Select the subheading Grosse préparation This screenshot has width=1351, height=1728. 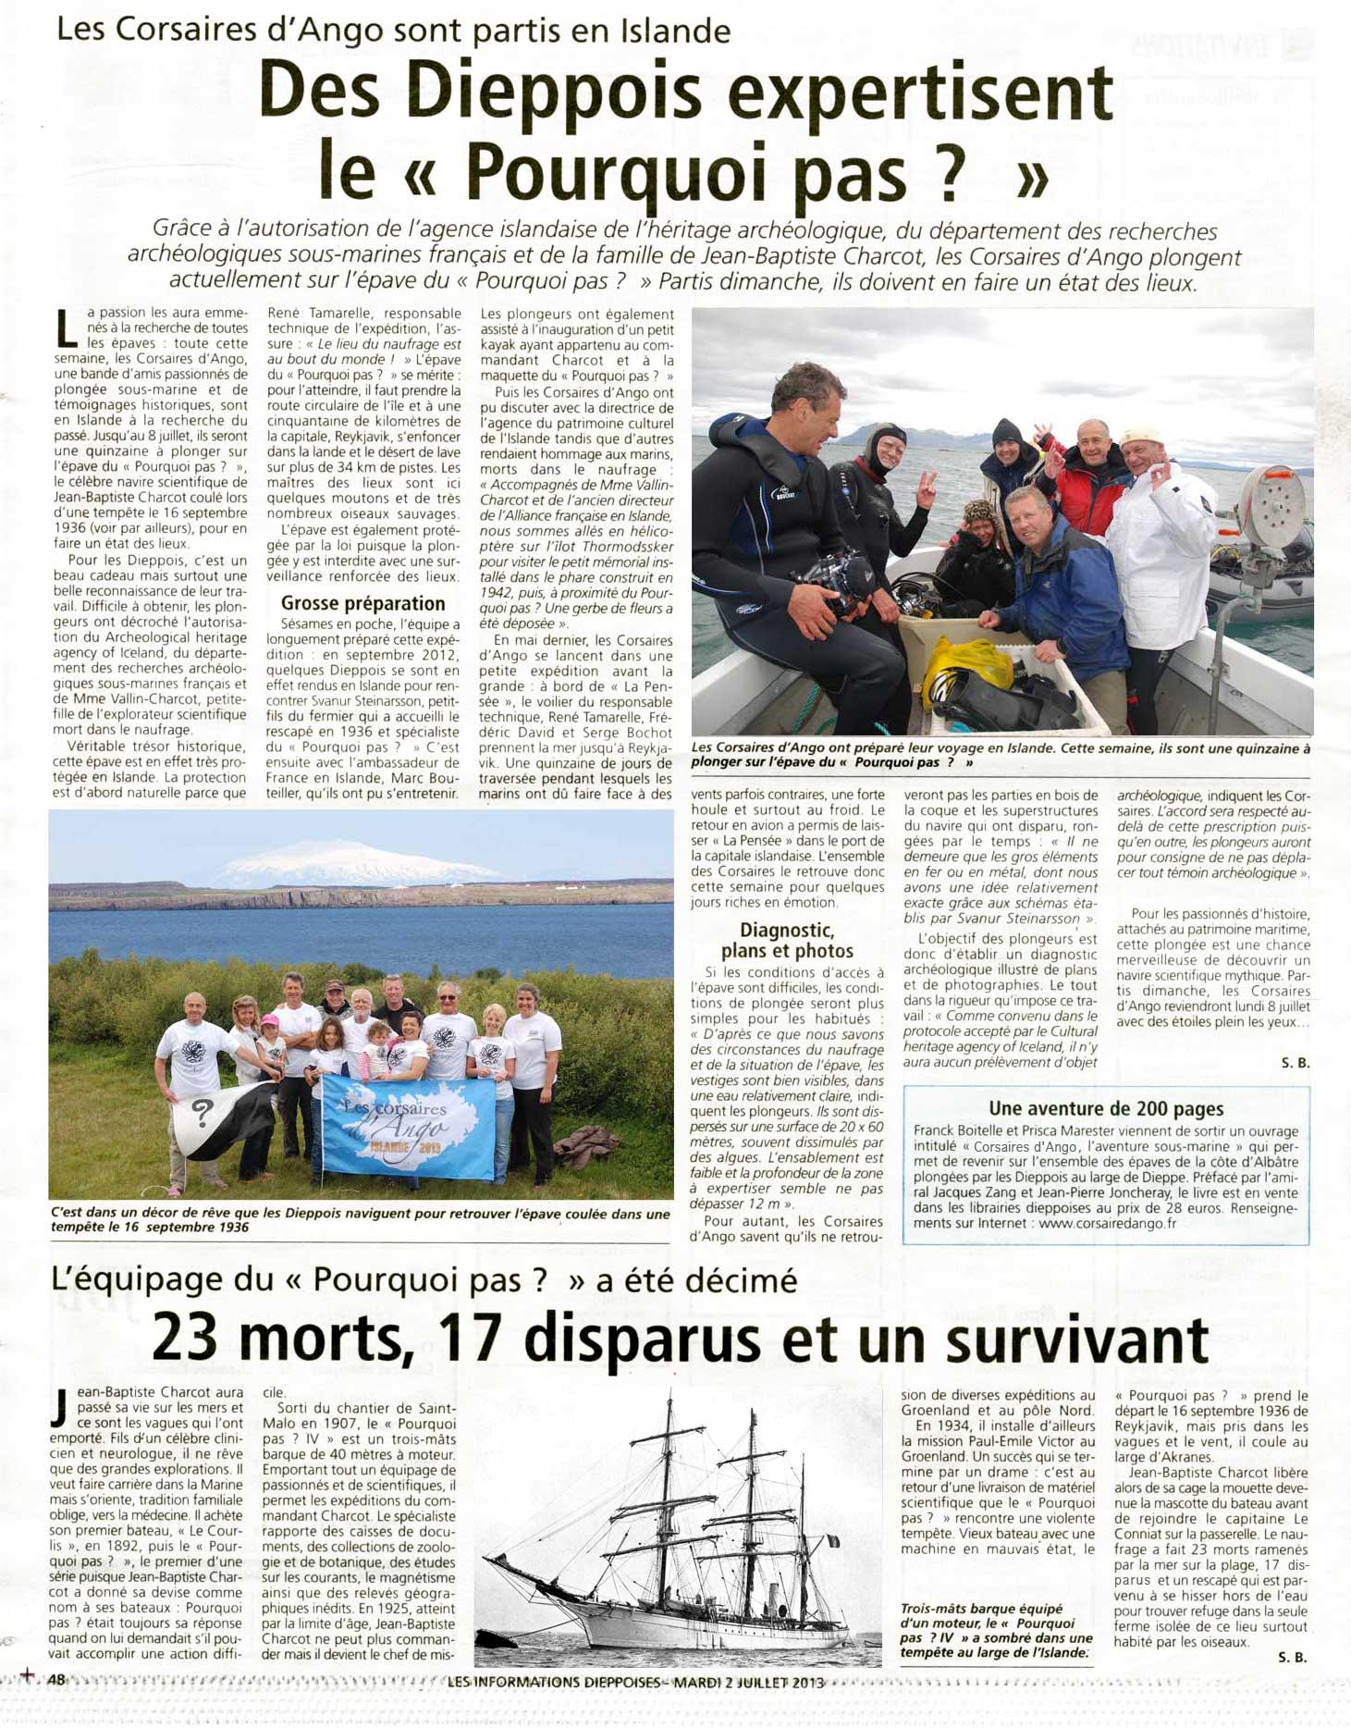click(363, 603)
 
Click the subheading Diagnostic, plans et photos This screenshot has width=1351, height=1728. click(787, 940)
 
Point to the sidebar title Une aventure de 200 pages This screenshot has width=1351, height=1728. click(1106, 1108)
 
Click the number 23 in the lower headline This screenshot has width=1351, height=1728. click(185, 1339)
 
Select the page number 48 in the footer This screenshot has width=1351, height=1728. click(55, 1679)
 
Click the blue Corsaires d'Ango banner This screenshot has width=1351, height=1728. click(408, 1128)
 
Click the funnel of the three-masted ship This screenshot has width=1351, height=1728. click(773, 1572)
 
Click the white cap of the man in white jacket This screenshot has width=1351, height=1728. click(1143, 437)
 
